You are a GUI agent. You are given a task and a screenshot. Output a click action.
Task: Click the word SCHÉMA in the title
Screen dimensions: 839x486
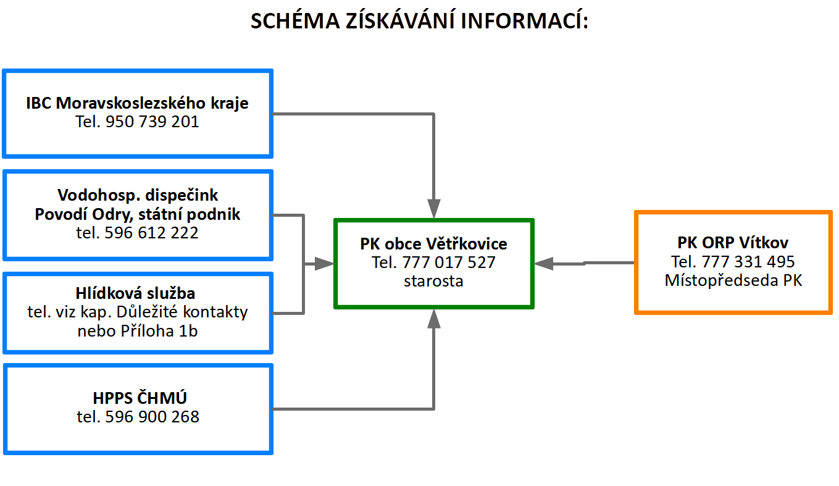tap(295, 20)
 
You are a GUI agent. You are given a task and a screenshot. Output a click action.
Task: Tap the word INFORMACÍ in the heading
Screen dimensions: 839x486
tap(524, 20)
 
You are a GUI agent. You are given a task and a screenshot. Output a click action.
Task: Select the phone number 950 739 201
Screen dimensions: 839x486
tap(152, 122)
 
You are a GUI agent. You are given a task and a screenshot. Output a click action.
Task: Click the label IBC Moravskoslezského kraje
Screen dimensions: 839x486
tap(137, 103)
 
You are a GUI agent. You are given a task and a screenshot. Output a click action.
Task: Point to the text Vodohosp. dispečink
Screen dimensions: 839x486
tap(138, 195)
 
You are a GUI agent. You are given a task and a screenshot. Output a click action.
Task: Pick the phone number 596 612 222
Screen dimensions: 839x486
tap(151, 233)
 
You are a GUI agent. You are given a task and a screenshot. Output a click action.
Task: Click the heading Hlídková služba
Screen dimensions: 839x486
tap(135, 293)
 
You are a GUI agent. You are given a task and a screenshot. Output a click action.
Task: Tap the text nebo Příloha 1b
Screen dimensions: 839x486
tap(138, 331)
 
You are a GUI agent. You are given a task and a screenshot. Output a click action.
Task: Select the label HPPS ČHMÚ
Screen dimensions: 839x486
tap(140, 398)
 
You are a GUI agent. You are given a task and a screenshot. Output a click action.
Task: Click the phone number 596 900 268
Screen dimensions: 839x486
tap(152, 417)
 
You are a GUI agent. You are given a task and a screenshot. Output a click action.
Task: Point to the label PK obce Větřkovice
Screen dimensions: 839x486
tap(434, 244)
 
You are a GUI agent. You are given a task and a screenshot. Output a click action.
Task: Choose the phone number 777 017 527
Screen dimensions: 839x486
tap(449, 262)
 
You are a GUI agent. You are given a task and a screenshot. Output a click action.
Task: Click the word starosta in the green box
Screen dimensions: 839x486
tap(434, 281)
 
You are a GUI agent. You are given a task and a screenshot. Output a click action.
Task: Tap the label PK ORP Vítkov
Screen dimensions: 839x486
tap(733, 243)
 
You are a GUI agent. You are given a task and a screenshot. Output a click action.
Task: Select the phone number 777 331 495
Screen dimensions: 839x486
tap(748, 262)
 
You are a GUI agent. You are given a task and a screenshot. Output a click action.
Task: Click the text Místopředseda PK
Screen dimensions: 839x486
tap(733, 280)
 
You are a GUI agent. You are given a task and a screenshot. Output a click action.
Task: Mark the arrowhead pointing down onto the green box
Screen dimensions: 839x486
tap(434, 209)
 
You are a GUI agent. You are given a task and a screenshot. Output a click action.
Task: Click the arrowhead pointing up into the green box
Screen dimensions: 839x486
tap(434, 319)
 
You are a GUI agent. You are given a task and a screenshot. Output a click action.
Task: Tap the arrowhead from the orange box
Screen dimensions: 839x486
tap(543, 264)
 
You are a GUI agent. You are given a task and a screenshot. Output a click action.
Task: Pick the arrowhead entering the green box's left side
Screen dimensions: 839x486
tap(324, 264)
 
